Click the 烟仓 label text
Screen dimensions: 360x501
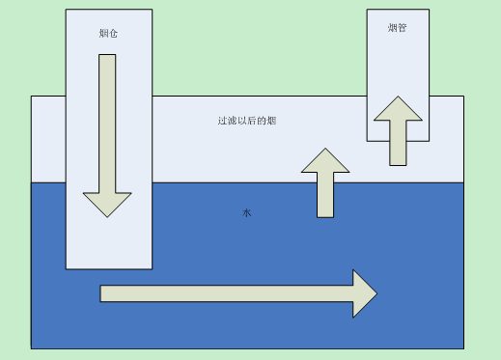pyautogui.click(x=109, y=34)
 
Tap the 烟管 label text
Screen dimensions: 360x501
pyautogui.click(x=397, y=28)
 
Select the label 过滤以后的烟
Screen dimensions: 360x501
pyautogui.click(x=248, y=121)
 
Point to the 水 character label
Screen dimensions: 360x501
pyautogui.click(x=246, y=212)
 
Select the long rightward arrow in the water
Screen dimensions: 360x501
pyautogui.click(x=237, y=292)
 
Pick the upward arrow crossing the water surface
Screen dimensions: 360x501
pyautogui.click(x=324, y=183)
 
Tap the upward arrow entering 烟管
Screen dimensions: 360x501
pyautogui.click(x=398, y=130)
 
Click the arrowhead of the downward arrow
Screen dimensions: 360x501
pyautogui.click(x=107, y=205)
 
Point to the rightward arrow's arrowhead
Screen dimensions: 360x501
pyautogui.click(x=364, y=292)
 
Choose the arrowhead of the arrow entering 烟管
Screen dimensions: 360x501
pyautogui.click(x=398, y=107)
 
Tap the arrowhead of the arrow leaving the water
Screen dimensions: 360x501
pyautogui.click(x=324, y=161)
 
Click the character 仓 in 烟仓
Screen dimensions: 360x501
pyautogui.click(x=115, y=34)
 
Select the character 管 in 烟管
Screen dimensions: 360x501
pyautogui.click(x=402, y=28)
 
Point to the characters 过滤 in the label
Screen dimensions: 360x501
pyautogui.click(x=228, y=121)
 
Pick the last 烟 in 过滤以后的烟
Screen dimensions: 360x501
pyautogui.click(x=274, y=121)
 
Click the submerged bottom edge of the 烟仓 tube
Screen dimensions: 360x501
pyautogui.click(x=108, y=267)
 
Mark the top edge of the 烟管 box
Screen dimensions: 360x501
pyautogui.click(x=396, y=10)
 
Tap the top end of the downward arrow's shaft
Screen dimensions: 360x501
pyautogui.click(x=107, y=57)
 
